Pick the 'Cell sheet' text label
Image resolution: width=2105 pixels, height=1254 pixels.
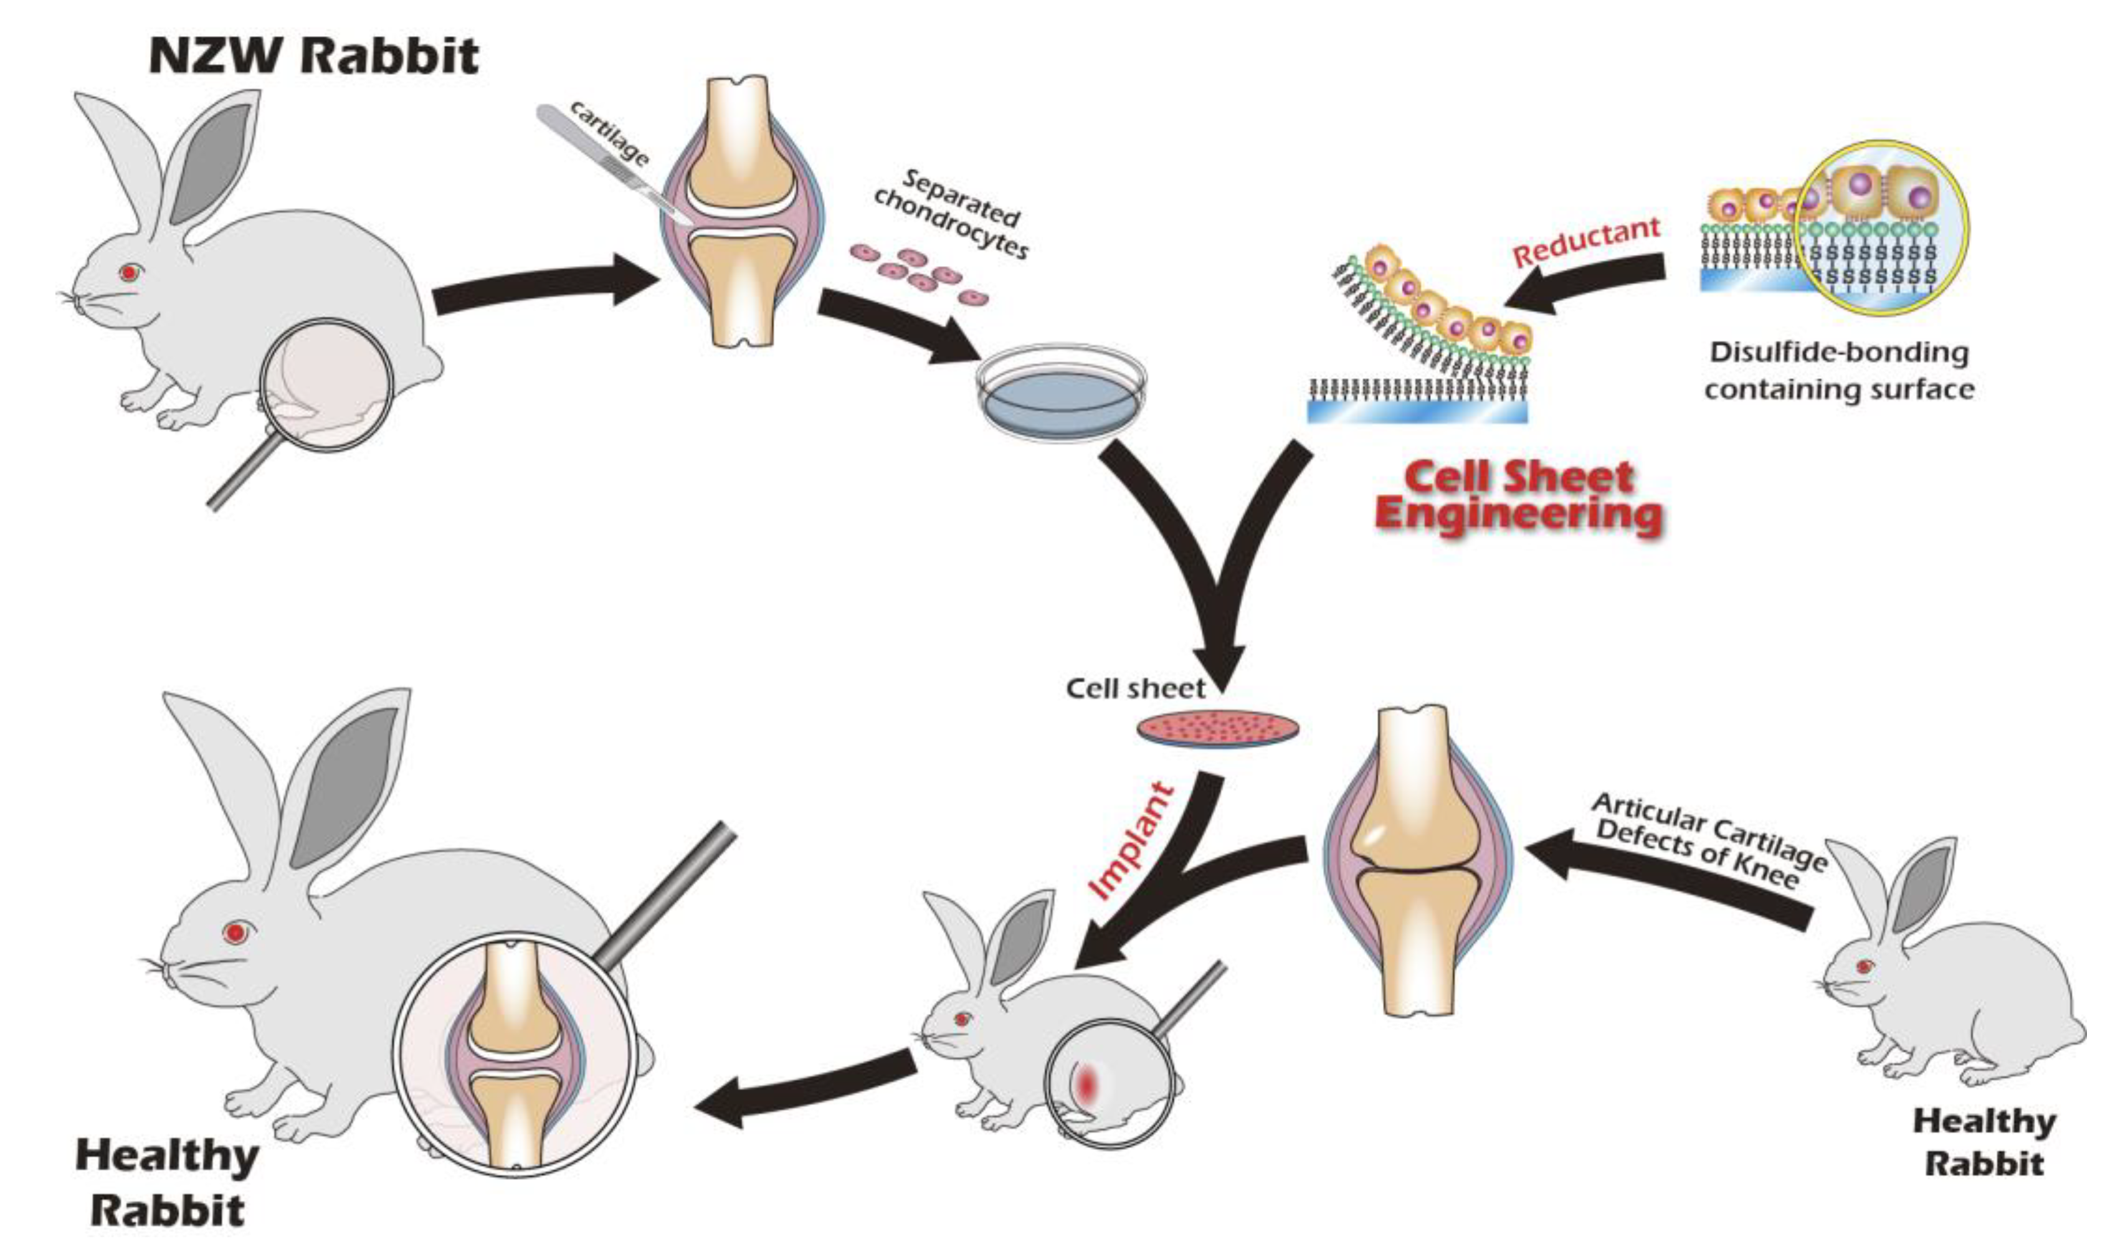[x=1135, y=689]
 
